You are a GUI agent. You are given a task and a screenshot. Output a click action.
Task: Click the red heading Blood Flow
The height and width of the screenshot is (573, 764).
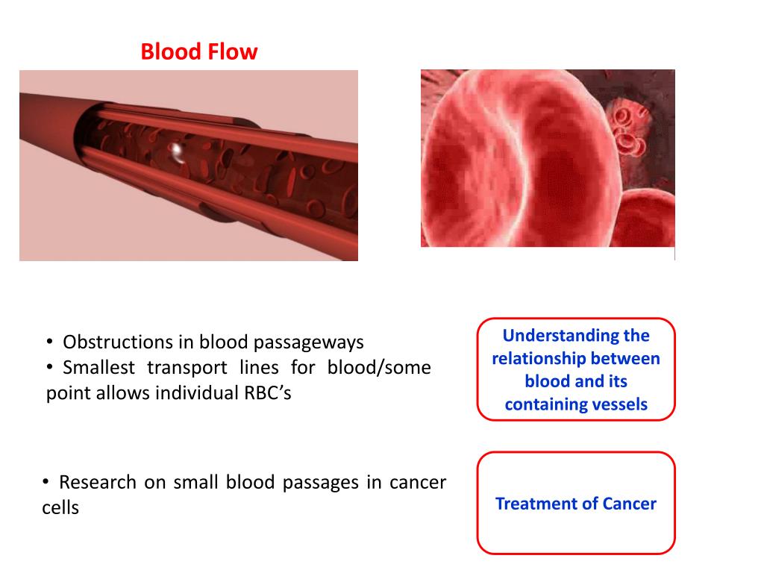click(199, 51)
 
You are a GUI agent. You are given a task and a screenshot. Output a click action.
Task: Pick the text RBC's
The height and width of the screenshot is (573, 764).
click(267, 393)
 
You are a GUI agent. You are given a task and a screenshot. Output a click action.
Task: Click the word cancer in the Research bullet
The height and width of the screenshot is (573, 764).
click(418, 482)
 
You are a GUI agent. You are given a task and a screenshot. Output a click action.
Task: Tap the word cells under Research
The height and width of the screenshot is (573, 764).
click(60, 508)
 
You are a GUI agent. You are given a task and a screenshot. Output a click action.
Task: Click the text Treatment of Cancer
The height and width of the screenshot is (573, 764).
click(576, 504)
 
